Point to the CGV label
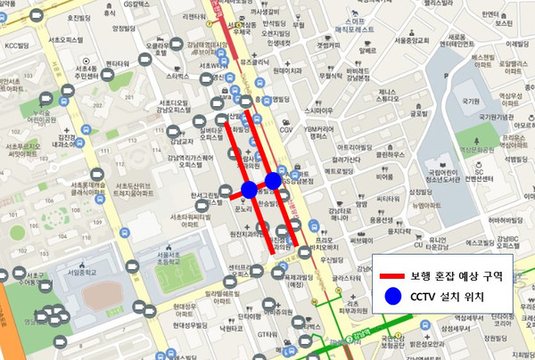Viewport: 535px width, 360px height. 286,129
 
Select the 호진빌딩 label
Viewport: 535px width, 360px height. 81,17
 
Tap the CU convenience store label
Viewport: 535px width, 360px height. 417,244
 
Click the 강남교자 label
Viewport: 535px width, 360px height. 181,140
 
